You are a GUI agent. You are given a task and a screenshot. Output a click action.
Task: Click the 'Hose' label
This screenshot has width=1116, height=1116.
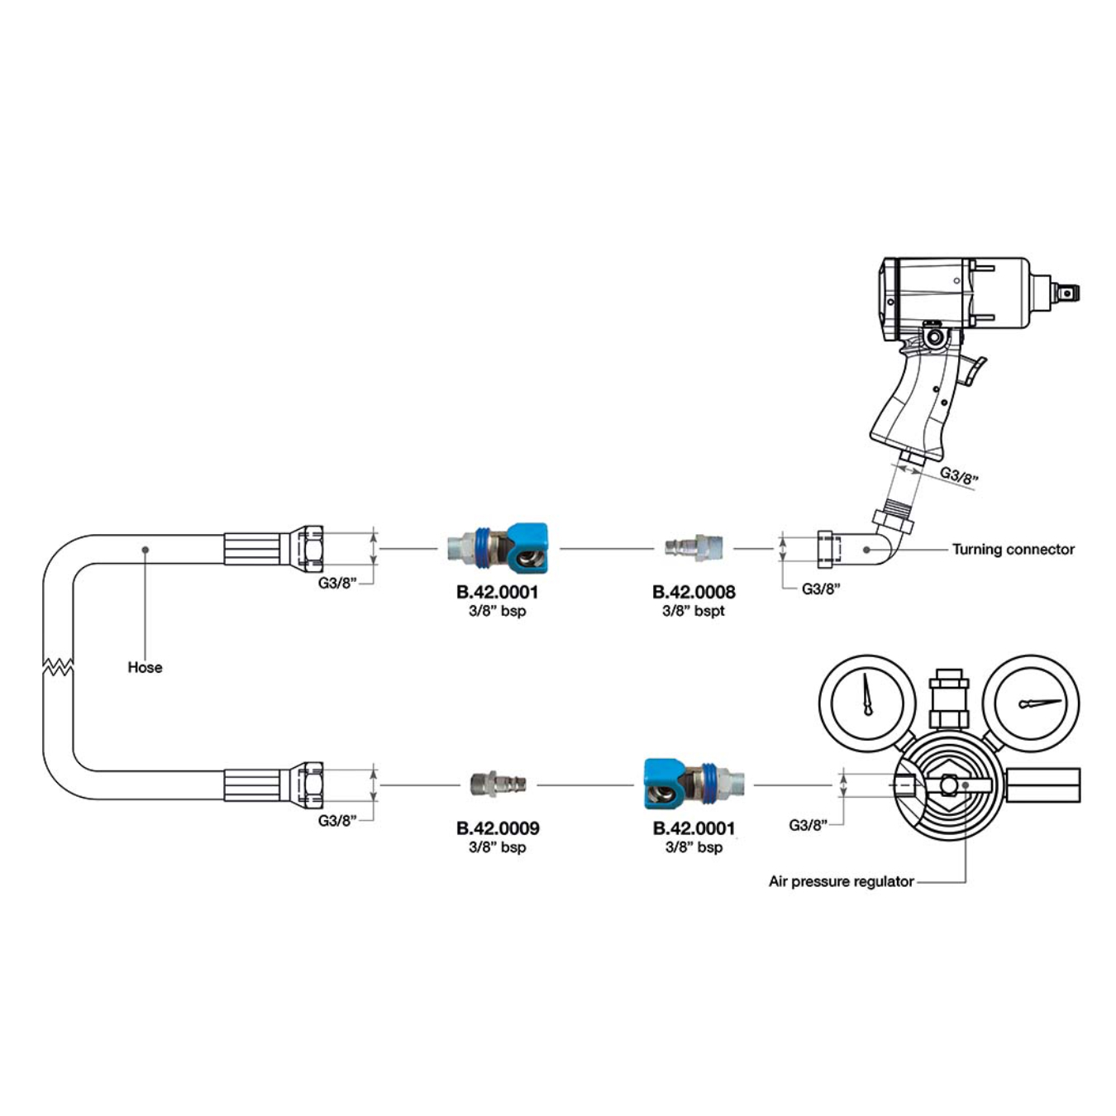pos(145,667)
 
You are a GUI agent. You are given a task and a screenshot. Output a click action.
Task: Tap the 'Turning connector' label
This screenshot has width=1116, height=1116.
pos(1013,549)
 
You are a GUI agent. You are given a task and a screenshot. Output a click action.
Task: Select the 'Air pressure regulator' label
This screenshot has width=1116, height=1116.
pos(841,881)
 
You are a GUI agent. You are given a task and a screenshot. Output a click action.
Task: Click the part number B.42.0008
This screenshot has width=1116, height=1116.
pos(694,592)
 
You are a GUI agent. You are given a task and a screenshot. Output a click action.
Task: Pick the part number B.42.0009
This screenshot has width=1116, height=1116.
pos(498,828)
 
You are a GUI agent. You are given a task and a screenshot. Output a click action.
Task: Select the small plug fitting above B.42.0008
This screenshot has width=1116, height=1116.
pos(695,547)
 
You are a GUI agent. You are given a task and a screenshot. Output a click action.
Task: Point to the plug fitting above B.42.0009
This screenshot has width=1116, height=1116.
pos(497,783)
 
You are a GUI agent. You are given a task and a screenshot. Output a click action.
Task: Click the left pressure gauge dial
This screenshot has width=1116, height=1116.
pos(867,703)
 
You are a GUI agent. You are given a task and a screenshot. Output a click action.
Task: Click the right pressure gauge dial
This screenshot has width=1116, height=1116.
pos(1036,703)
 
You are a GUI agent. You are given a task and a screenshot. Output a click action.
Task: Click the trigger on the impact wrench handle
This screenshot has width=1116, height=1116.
pos(975,371)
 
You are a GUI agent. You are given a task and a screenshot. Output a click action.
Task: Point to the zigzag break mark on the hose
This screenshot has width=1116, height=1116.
pos(58,666)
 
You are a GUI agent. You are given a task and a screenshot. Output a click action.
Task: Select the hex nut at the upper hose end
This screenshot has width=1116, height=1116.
pos(307,547)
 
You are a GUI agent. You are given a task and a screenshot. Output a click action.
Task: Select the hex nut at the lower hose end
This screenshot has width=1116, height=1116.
pos(307,784)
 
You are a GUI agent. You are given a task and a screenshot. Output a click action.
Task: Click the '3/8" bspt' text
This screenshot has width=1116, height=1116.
pos(694,611)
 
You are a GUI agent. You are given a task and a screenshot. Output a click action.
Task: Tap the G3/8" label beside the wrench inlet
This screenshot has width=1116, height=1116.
pos(959,476)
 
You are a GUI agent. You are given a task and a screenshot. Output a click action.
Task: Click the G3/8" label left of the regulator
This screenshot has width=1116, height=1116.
pos(808,825)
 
